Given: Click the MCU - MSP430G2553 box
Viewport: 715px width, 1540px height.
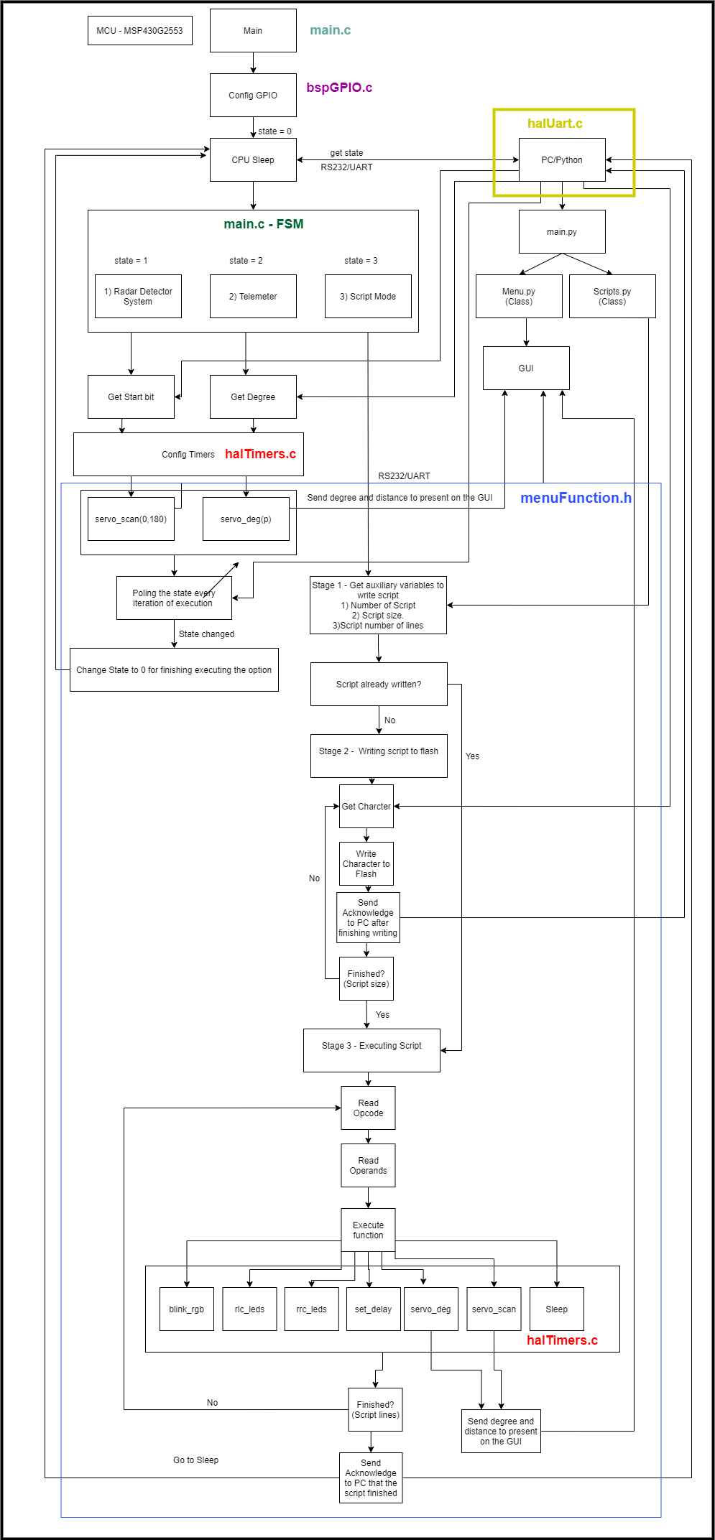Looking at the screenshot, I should (139, 31).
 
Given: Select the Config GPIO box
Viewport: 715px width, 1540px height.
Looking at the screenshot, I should (253, 95).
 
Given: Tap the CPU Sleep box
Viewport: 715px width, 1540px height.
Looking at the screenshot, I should (253, 159).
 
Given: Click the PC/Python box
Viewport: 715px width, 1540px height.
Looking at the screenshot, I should (562, 159).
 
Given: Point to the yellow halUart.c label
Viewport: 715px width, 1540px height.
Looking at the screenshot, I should (555, 124).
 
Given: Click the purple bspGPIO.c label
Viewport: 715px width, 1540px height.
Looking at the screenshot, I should (339, 88).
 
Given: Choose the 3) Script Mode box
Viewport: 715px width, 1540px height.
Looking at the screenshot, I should (368, 296).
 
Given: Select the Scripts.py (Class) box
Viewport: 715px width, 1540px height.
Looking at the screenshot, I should (612, 296).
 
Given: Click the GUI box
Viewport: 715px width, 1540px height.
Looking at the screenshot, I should (526, 368).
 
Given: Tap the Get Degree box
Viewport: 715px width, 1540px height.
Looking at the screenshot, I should (253, 396).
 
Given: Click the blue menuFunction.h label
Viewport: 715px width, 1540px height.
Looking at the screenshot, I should (576, 498).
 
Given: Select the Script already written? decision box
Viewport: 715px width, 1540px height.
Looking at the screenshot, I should (379, 684).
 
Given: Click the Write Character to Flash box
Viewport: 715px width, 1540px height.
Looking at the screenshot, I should (366, 863).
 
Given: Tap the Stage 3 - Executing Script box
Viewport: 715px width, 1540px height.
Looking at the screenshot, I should (372, 1050).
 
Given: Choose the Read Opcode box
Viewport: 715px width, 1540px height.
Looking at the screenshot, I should (368, 1108).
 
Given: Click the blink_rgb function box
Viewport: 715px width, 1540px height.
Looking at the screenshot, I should (187, 1309).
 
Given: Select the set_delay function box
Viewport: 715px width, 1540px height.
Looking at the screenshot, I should (373, 1309).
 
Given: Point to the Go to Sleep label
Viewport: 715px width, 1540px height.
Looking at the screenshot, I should (195, 1460).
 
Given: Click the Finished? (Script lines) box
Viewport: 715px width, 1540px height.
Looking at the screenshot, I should (375, 1409).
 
